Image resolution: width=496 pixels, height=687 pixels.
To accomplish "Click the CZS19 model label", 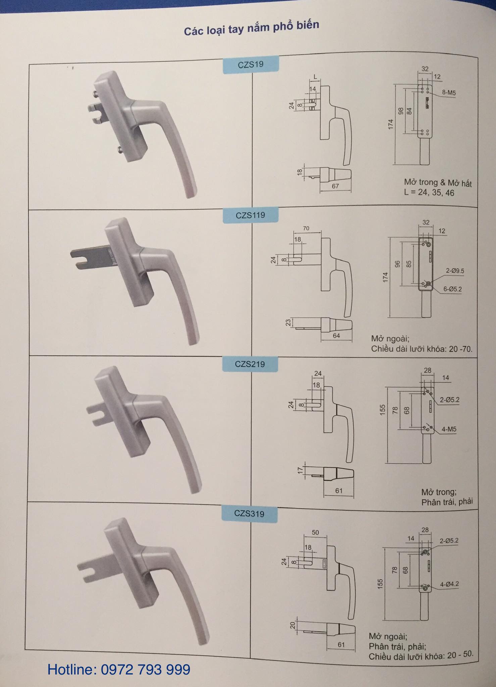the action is click(x=251, y=64).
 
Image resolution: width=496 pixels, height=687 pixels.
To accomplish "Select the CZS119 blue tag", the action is click(x=250, y=215).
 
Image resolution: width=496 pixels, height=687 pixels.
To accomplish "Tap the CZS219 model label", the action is click(x=250, y=364).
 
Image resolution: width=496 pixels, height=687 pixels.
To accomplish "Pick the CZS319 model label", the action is click(x=249, y=514).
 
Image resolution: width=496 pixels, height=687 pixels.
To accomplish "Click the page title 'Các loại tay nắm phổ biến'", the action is click(x=251, y=28).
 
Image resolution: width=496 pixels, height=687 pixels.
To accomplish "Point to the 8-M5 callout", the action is click(x=449, y=93).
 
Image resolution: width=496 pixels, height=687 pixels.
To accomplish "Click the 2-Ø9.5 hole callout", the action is click(x=455, y=271).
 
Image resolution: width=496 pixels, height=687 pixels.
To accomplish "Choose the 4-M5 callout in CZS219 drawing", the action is click(x=449, y=429).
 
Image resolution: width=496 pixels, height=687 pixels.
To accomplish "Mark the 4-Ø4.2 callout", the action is click(x=449, y=584).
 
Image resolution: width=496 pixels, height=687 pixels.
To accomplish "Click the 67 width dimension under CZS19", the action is click(x=335, y=186).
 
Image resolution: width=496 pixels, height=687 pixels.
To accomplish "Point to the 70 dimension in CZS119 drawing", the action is click(x=306, y=228).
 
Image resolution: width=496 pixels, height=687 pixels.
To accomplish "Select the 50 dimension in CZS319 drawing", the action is click(x=315, y=532).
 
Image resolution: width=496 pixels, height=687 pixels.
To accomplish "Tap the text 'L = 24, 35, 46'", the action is click(x=429, y=193).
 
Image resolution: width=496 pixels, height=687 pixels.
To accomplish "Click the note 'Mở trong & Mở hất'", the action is click(x=438, y=183).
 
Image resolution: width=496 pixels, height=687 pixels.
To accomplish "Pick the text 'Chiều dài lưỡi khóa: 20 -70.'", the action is click(x=422, y=349).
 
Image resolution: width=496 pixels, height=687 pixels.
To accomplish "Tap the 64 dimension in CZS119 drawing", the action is click(x=336, y=335).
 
